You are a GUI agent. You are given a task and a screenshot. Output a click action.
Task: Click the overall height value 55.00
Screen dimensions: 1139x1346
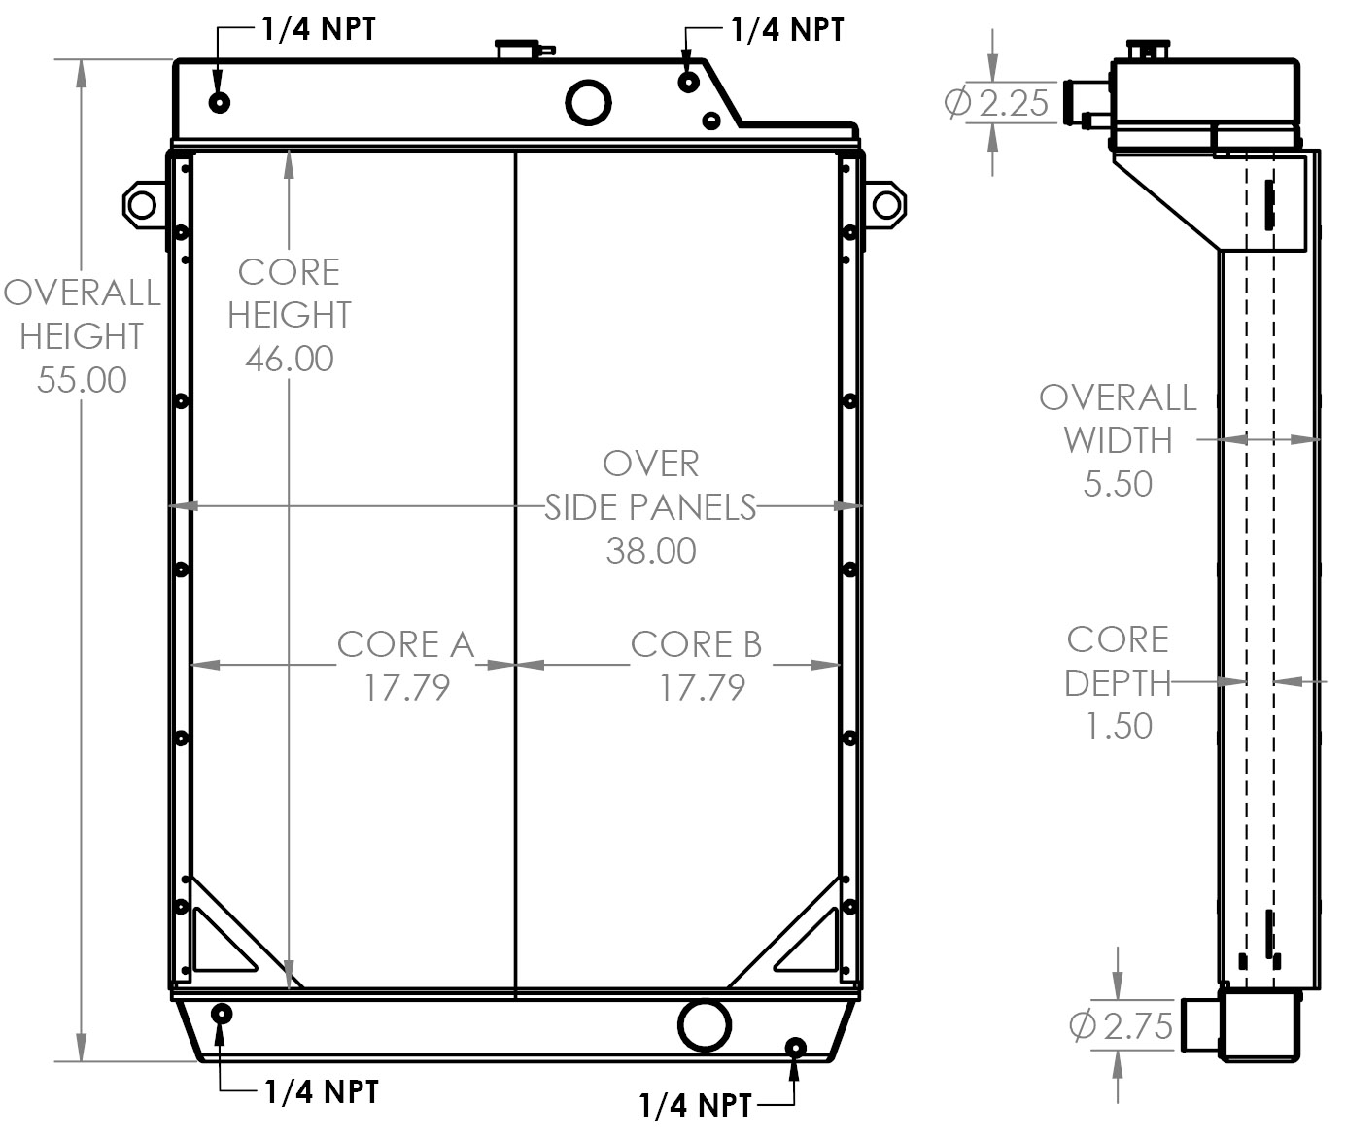[82, 380]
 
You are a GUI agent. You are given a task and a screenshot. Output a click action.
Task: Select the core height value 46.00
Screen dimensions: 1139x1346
[290, 359]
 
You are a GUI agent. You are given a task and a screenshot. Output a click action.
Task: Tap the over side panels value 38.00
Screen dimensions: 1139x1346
[651, 551]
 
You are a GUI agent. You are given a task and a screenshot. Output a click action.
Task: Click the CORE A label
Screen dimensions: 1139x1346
[405, 644]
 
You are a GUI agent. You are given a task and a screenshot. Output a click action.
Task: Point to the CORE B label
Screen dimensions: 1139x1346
[696, 644]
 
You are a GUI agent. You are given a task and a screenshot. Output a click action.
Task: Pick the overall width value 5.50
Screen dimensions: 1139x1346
[1118, 483]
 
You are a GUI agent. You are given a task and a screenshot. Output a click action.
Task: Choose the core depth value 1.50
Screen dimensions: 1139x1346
[1119, 725]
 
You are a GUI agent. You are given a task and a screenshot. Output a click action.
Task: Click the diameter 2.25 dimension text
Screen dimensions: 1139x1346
[999, 102]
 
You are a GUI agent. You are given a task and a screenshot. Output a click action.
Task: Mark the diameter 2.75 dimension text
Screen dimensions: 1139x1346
[1122, 1025]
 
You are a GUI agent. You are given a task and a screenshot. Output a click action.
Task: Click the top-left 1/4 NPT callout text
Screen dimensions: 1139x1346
[318, 28]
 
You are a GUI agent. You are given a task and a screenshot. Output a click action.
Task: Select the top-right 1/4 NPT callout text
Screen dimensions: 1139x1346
[787, 30]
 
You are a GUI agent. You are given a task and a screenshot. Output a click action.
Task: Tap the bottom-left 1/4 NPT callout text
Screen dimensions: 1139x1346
[322, 1091]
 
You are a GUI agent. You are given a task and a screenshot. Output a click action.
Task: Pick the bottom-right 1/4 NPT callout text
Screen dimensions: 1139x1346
[696, 1105]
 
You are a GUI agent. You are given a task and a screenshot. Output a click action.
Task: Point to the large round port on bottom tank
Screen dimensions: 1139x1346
[705, 1023]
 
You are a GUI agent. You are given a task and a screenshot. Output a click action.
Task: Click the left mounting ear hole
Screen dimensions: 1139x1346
[142, 204]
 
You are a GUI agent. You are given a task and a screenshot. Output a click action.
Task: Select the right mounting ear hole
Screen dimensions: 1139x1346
[887, 205]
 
